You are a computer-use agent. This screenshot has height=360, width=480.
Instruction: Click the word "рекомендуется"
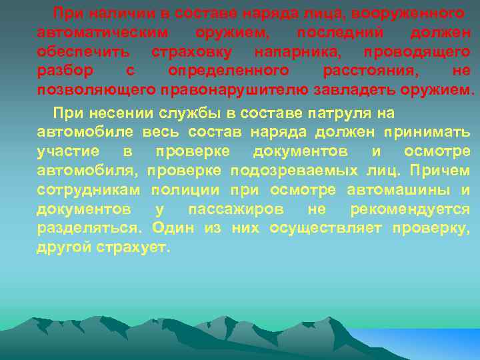tap(410, 209)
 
